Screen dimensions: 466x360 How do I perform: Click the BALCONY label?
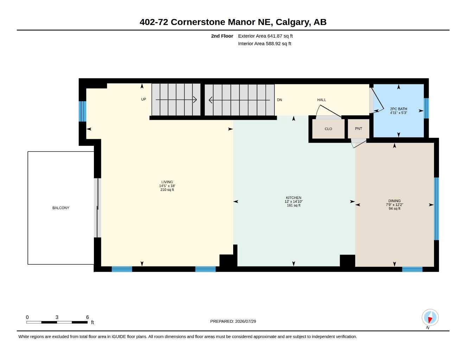point(61,208)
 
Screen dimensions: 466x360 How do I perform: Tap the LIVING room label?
point(167,182)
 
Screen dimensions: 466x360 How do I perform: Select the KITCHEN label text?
point(293,198)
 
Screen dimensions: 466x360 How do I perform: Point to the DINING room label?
point(394,201)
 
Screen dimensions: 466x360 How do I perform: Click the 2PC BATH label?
point(398,109)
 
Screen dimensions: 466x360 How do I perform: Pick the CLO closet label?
point(328,129)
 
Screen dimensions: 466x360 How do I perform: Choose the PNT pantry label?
point(358,129)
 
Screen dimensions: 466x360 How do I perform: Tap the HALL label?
point(321,100)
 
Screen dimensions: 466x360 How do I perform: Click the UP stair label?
point(143,99)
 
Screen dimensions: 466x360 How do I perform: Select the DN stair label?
point(280,100)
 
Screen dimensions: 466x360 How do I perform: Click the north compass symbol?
point(430,317)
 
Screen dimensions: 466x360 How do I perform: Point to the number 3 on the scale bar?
point(57,317)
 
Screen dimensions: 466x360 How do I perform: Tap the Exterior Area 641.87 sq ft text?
point(265,36)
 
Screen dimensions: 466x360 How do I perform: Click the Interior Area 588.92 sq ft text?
point(264,44)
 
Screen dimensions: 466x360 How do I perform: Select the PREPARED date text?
point(233,321)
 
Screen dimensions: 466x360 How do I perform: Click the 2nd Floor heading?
point(222,36)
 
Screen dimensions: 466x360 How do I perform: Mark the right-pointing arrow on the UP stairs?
point(176,99)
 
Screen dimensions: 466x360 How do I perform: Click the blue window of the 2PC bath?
point(426,108)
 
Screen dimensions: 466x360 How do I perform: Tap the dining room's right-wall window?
point(436,209)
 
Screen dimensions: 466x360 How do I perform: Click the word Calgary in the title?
point(293,22)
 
